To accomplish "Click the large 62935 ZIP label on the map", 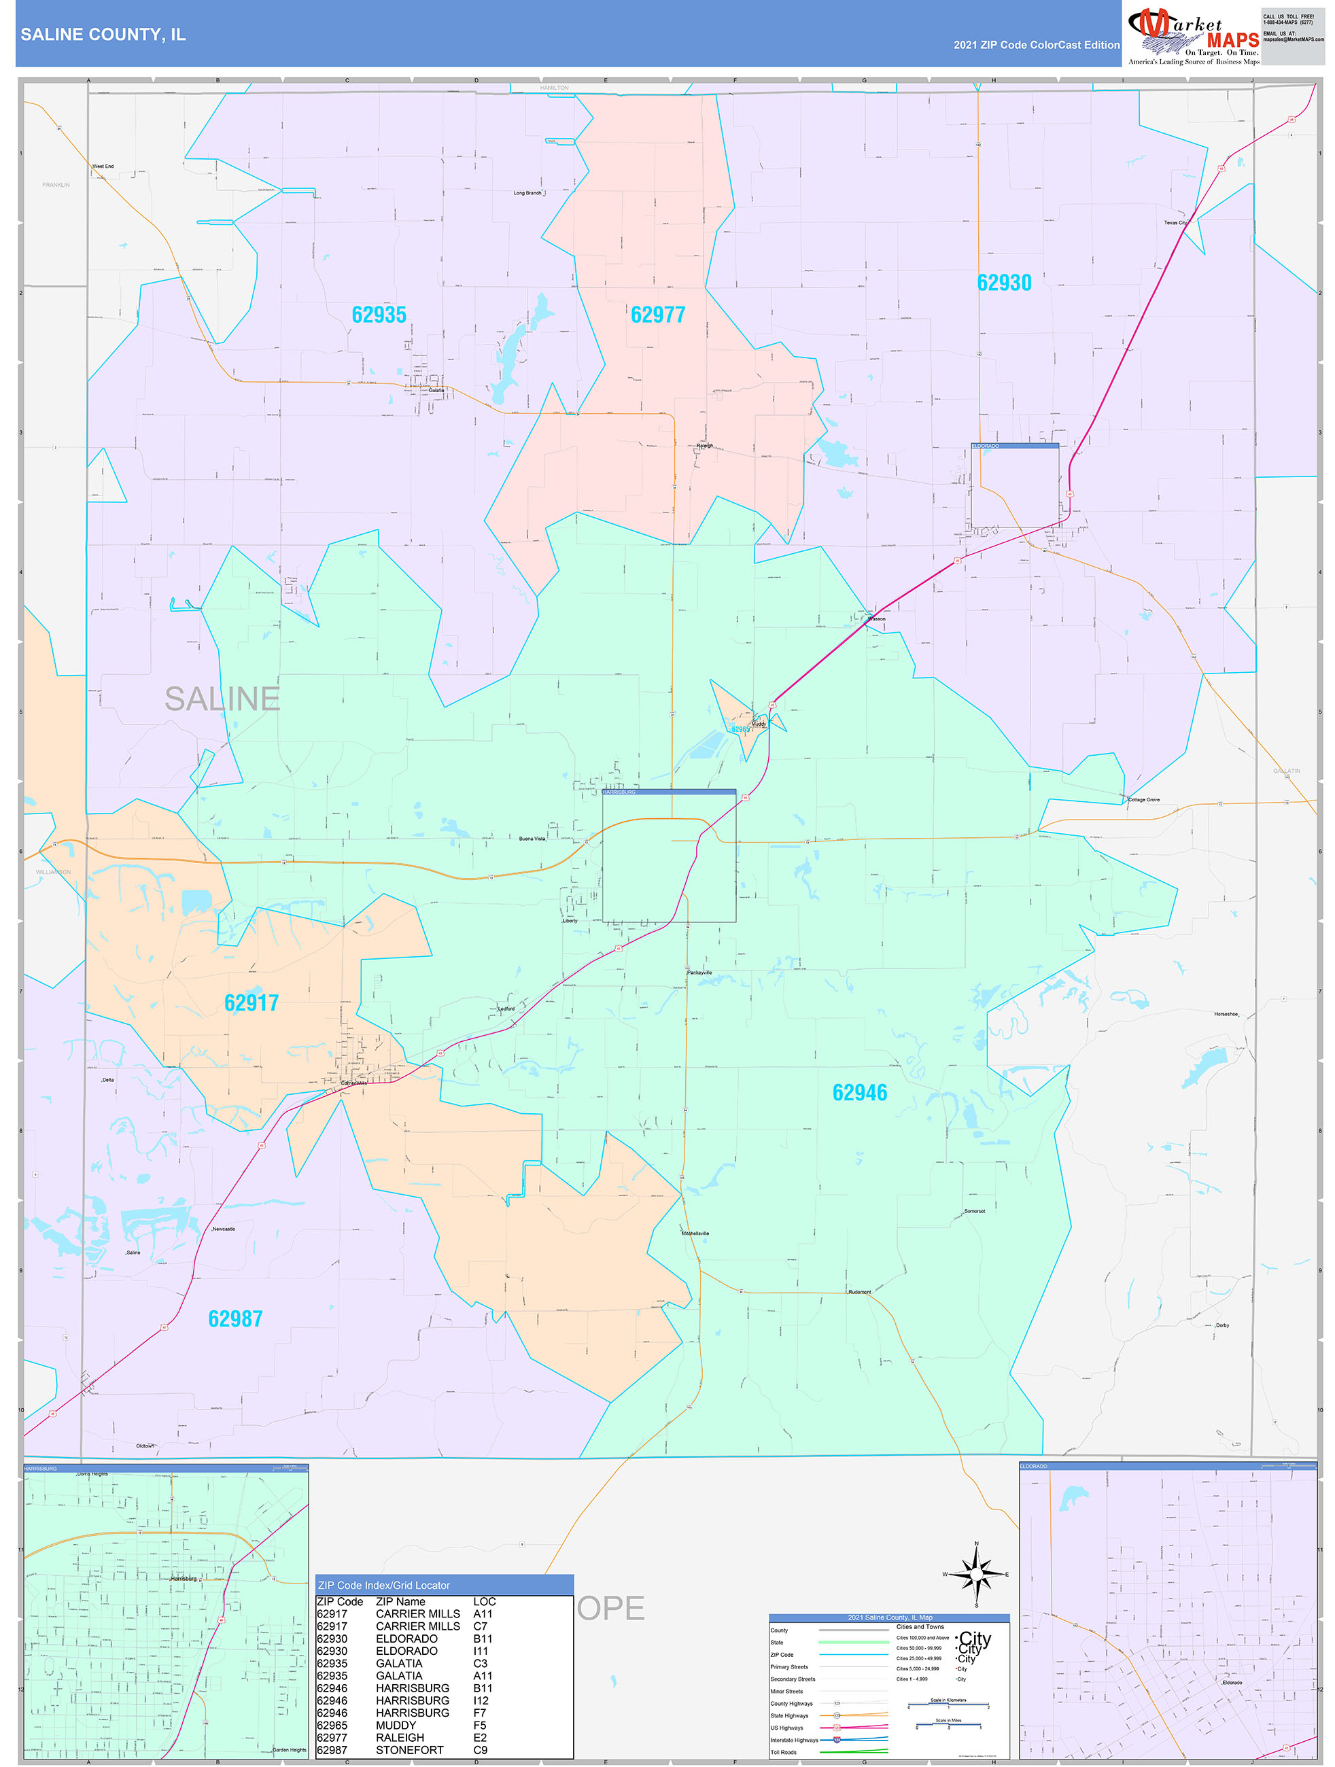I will coord(379,315).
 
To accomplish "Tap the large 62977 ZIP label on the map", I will coord(657,315).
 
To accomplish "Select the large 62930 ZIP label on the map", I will coord(1003,283).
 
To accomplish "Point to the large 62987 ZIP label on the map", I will coord(235,1319).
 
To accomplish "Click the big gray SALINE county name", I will coord(222,699).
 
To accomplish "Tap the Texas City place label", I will coord(1175,223).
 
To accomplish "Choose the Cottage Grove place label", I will coord(1143,800).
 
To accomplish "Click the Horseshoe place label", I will coord(1226,1015).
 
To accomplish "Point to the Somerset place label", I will coord(974,1211).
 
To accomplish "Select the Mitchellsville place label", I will coord(695,1234).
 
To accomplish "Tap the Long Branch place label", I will coord(527,193).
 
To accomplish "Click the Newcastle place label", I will coord(224,1229).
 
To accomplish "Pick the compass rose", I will coord(975,1575).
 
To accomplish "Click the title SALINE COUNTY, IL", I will coord(103,35).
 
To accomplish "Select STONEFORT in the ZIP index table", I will coord(409,1750).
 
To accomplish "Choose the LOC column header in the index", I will coord(484,1602).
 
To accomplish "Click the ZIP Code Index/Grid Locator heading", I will coord(383,1586).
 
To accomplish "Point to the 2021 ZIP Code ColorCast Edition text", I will coord(1036,45).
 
